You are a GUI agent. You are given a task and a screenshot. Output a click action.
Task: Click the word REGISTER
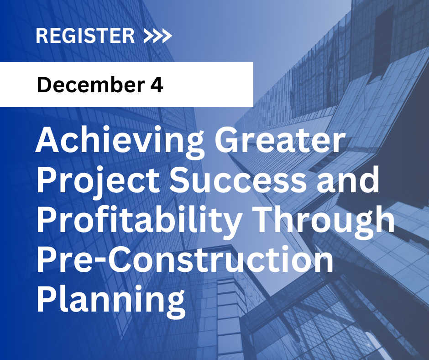85,36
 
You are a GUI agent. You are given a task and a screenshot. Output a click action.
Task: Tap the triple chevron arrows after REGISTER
158,36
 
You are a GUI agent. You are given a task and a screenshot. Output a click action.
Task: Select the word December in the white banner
91,85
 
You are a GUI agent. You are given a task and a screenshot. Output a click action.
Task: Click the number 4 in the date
157,85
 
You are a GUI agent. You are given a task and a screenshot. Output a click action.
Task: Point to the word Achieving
120,143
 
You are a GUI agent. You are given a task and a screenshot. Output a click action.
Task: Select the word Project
98,181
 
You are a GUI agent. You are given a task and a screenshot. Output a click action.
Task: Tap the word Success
238,179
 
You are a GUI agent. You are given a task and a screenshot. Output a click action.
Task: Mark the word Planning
111,300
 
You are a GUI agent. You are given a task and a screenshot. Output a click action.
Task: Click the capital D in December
44,85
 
